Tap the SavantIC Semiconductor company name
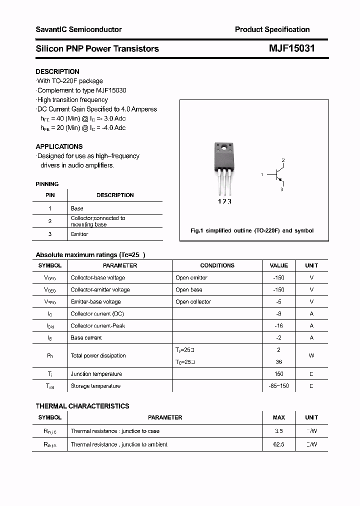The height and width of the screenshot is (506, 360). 78,29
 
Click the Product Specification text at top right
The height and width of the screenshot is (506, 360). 272,29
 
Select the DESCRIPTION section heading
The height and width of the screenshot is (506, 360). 57,71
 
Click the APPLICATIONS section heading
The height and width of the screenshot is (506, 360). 59,146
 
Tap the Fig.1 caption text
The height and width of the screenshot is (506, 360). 252,230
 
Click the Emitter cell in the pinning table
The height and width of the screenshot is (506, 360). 79,234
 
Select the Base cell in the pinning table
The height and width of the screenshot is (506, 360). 77,208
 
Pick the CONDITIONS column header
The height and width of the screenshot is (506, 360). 217,265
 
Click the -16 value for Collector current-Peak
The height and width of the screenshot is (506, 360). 278,325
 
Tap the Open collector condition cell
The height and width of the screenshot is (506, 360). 193,301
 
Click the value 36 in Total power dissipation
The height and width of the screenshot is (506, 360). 278,361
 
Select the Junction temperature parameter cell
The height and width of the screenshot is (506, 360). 96,373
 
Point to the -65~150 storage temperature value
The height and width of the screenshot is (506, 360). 278,386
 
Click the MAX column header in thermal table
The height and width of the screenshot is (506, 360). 278,417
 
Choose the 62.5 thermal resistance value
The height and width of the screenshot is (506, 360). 278,444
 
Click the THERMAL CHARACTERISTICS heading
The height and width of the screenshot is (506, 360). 82,406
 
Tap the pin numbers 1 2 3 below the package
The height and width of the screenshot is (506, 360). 224,201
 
